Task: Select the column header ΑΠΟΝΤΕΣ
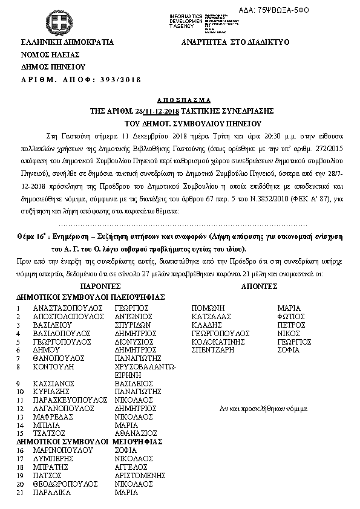click(x=260, y=288)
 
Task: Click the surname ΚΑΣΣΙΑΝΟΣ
click(x=54, y=383)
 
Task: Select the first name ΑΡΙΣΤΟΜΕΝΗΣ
click(x=140, y=476)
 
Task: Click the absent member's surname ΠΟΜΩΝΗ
click(x=208, y=308)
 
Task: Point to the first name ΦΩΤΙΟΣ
click(x=290, y=316)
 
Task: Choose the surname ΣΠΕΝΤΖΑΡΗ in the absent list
click(x=214, y=350)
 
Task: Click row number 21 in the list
click(x=20, y=493)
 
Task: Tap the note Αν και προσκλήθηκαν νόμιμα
click(x=263, y=409)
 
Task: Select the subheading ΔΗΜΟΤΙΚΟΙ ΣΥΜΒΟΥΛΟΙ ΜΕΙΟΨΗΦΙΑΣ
click(x=89, y=441)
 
